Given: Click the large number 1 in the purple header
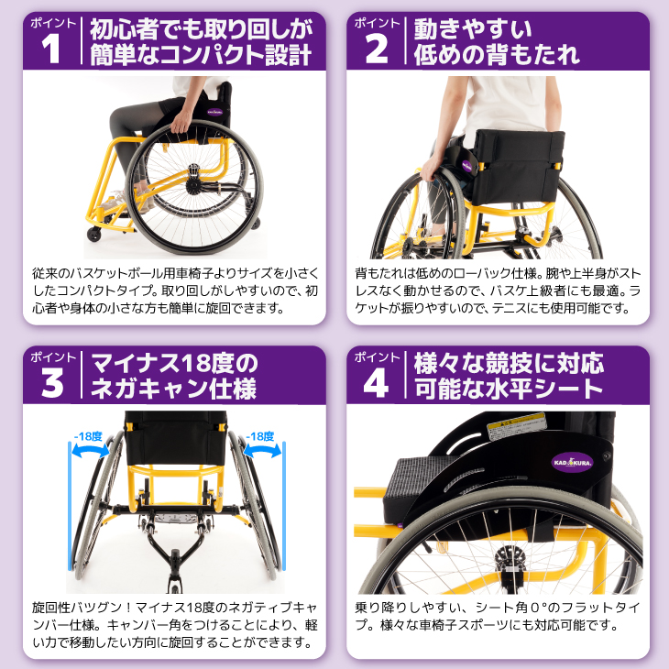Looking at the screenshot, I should [51, 50].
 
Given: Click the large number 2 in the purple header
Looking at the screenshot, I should [376, 50].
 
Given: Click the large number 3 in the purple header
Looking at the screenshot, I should [51, 384].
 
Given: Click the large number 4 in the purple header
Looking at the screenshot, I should [376, 384].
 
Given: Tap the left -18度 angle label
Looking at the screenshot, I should [87, 437].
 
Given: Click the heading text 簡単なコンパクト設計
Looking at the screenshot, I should [200, 55].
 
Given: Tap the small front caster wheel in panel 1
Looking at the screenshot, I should [94, 235].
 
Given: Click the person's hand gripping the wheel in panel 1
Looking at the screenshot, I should [181, 124].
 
